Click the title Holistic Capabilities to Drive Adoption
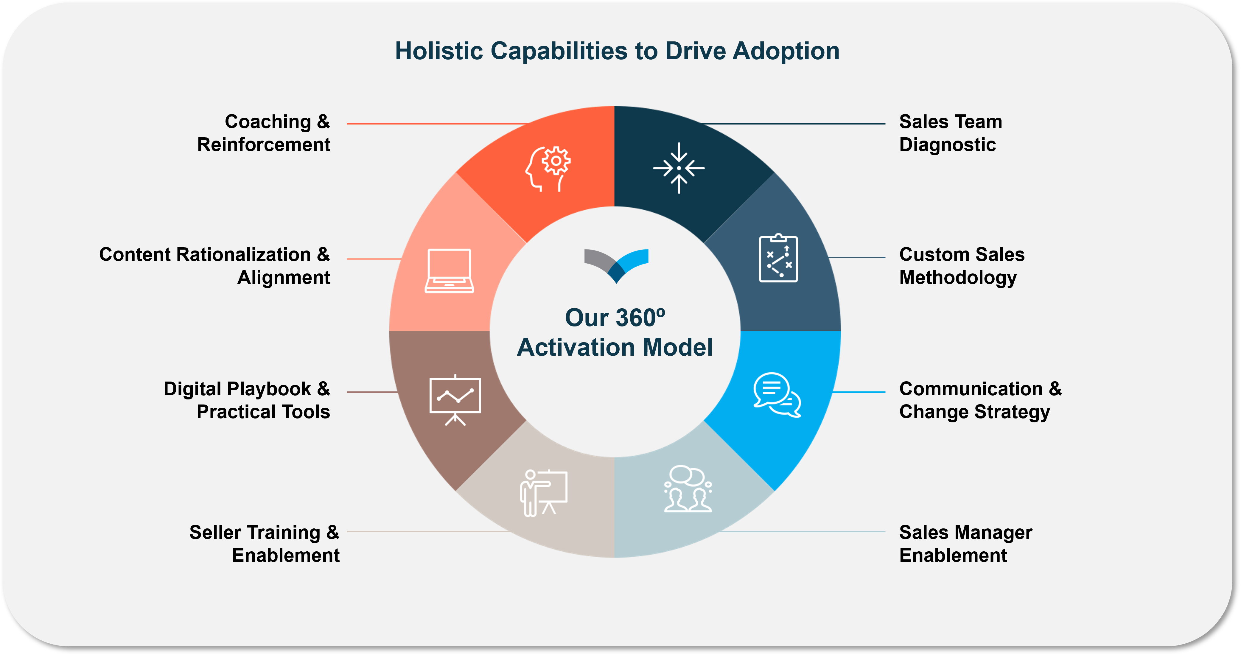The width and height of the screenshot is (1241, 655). pyautogui.click(x=617, y=51)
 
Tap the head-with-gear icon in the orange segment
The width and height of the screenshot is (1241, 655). pyautogui.click(x=548, y=169)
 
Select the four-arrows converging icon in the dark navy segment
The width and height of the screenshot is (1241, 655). pyautogui.click(x=679, y=168)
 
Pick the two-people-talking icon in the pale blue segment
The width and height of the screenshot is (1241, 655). pyautogui.click(x=688, y=488)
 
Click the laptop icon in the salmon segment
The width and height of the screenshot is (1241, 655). pyautogui.click(x=449, y=271)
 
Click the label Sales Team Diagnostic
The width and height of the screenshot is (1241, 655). pyautogui.click(x=951, y=133)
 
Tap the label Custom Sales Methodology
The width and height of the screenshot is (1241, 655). pyautogui.click(x=962, y=266)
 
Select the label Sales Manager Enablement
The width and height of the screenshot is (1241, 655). pyautogui.click(x=965, y=544)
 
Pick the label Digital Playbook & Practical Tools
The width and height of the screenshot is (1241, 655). pyautogui.click(x=247, y=400)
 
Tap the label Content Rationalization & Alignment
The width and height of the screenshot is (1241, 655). pyautogui.click(x=215, y=266)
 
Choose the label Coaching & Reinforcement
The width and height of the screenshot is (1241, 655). pyautogui.click(x=264, y=133)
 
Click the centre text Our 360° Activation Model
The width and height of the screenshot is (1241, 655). pyautogui.click(x=615, y=332)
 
